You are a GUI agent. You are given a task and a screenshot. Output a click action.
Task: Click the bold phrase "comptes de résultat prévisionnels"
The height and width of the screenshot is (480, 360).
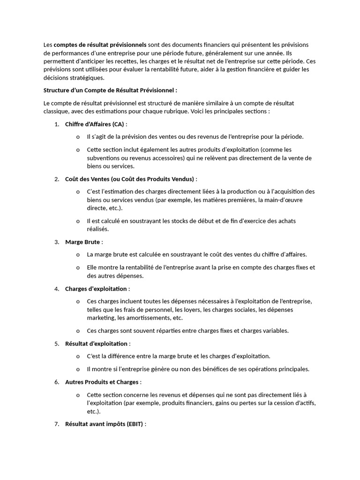(100, 45)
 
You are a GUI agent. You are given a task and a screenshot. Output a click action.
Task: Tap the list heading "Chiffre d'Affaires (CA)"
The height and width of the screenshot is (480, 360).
(95, 124)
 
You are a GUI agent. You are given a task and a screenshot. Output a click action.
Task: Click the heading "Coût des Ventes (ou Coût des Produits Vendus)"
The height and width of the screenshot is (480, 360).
(129, 179)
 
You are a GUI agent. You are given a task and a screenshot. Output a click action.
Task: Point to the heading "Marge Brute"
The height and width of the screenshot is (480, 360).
(82, 242)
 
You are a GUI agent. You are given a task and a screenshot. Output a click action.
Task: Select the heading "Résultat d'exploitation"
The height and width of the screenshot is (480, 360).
(96, 344)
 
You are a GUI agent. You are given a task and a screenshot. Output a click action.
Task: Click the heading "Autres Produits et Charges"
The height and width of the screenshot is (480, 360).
(102, 382)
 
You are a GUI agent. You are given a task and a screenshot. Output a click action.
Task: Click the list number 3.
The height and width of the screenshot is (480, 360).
(56, 242)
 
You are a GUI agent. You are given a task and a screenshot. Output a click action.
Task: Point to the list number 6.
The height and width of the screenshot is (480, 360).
(56, 382)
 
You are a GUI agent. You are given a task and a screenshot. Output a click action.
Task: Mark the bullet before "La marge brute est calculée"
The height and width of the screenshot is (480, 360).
(78, 255)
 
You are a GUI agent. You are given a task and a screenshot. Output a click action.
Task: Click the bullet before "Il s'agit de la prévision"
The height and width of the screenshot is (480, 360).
(78, 137)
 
